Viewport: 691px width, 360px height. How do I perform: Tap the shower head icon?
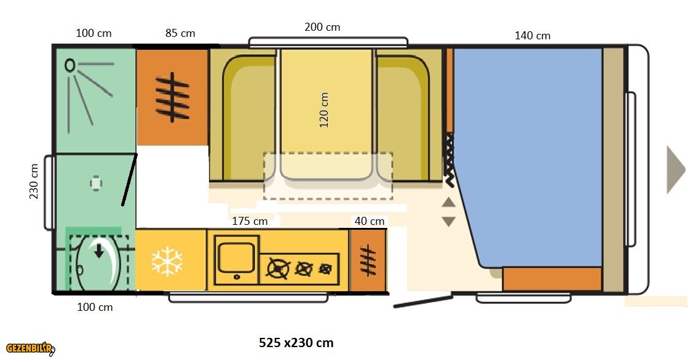coord(70,66)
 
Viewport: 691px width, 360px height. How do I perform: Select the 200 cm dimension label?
coord(322,27)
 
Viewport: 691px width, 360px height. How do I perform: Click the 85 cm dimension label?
coord(180,33)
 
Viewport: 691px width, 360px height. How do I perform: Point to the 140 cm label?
coord(532,36)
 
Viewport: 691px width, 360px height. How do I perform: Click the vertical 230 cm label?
coord(34,181)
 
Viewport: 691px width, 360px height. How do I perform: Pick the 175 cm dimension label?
coord(250,221)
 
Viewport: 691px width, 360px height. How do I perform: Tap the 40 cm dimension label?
coord(369,221)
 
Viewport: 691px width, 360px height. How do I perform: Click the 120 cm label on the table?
coord(324,110)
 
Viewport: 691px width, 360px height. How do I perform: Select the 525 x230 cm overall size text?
coord(296,342)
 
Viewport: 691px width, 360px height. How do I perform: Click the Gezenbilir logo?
coord(30,348)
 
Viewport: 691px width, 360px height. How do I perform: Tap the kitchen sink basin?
coord(236,259)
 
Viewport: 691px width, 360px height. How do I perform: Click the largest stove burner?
coord(278,269)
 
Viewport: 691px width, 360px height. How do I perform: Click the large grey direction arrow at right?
coord(676,170)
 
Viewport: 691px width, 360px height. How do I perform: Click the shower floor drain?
coord(96,183)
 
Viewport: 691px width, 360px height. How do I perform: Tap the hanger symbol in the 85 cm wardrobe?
coord(172,97)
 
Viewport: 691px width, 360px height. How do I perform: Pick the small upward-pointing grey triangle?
coord(448,202)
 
